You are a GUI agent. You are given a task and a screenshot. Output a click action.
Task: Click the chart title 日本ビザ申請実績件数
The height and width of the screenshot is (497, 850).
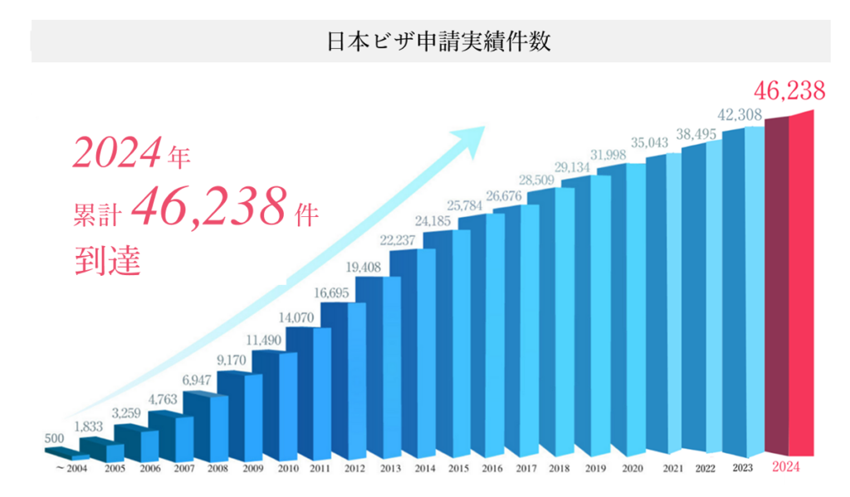(439, 42)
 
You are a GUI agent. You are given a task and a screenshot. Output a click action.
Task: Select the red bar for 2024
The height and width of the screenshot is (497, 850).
(794, 283)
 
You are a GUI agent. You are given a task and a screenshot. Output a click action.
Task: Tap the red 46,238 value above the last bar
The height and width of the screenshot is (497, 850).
(789, 91)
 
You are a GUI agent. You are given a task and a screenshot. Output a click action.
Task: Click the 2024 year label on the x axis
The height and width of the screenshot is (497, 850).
(786, 468)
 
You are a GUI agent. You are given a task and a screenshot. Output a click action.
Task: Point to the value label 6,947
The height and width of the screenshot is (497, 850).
(198, 379)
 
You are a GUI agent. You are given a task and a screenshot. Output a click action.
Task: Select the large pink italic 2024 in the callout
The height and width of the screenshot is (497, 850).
(115, 154)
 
